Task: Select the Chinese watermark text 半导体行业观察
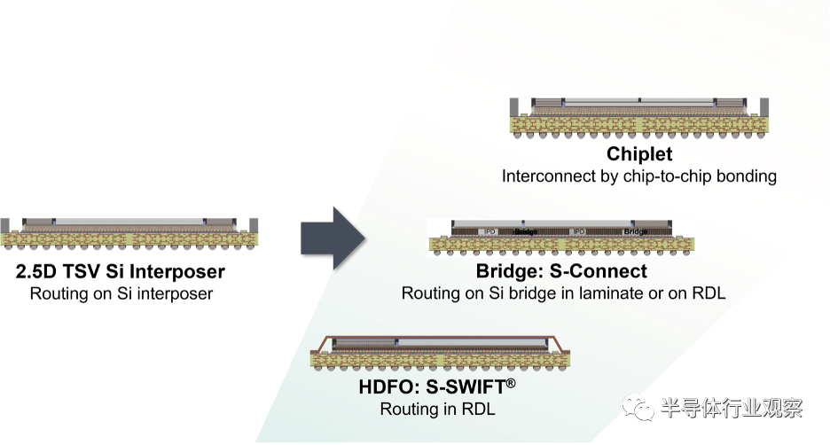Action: click(x=732, y=409)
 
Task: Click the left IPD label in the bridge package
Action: click(x=489, y=231)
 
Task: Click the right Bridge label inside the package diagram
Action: click(x=637, y=231)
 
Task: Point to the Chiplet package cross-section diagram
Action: click(x=638, y=117)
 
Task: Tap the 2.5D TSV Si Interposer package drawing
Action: click(x=131, y=231)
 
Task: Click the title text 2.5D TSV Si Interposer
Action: click(x=121, y=271)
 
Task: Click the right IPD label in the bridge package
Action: click(x=577, y=231)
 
